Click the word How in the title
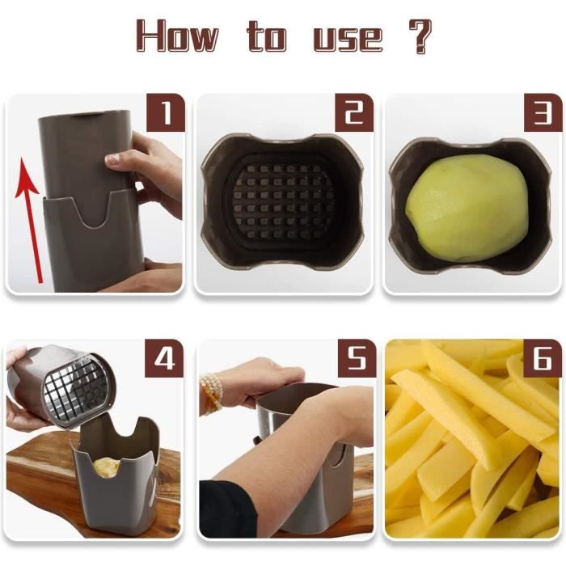click(x=177, y=35)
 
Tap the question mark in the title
click(x=420, y=36)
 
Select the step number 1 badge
click(x=166, y=112)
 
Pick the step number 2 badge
click(x=354, y=112)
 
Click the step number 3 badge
click(x=543, y=112)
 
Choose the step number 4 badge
click(x=164, y=358)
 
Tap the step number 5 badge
click(x=357, y=358)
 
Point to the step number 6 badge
click(x=543, y=358)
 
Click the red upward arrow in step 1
click(x=31, y=220)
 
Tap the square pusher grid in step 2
click(x=277, y=202)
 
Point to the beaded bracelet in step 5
click(x=212, y=394)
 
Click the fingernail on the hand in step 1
click(x=112, y=158)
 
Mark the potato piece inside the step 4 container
click(x=106, y=467)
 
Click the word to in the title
click(x=267, y=36)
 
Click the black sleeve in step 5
click(x=227, y=509)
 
